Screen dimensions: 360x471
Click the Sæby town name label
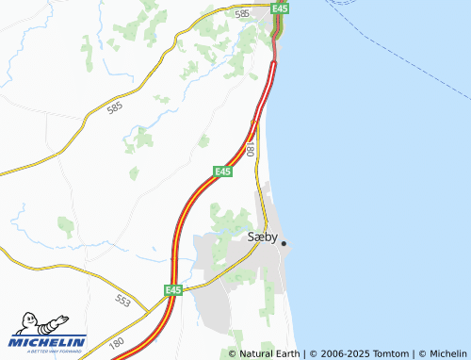[x=261, y=237]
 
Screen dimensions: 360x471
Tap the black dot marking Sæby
[x=284, y=242]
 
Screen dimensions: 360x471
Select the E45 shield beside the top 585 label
[x=279, y=8]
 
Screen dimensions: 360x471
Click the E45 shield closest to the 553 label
[x=172, y=290]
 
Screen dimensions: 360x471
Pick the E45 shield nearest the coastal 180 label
[x=222, y=171]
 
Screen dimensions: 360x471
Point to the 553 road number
[x=123, y=299]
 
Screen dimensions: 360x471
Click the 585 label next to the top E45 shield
[x=243, y=14]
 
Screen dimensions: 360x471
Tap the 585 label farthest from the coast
[x=115, y=108]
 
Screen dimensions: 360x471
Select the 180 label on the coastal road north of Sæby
[x=251, y=149]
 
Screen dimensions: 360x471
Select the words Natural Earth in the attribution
[x=271, y=353]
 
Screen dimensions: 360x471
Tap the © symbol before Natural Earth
[x=233, y=353]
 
